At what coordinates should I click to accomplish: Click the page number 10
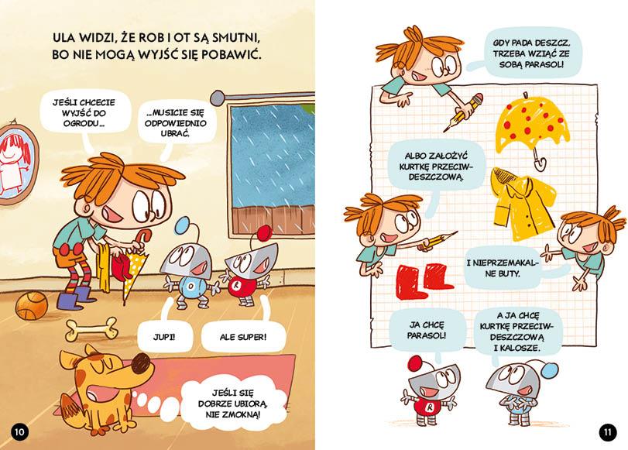coord(19,431)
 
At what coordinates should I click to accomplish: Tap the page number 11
coord(608,431)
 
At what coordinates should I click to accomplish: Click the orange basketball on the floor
coord(31,305)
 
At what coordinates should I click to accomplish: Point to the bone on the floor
coord(91,329)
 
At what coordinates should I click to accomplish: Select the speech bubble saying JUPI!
coord(164,337)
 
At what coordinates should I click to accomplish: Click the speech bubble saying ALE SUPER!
coord(242,337)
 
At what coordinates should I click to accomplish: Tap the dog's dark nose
coord(141,364)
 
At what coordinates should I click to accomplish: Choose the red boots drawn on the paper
coord(424,280)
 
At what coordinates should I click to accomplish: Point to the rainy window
coord(273,168)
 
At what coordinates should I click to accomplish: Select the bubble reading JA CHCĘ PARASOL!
coord(427,330)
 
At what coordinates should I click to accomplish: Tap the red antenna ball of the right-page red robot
coord(417,364)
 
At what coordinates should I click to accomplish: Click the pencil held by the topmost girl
coord(463,113)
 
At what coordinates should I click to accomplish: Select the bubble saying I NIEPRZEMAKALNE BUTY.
coord(502,269)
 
